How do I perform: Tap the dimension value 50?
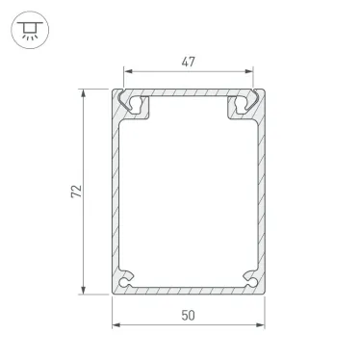pos(187,314)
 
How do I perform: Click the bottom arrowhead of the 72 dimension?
pos(84,291)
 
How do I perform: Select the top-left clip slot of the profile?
pos(136,104)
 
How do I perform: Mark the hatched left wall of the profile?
pos(116,193)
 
